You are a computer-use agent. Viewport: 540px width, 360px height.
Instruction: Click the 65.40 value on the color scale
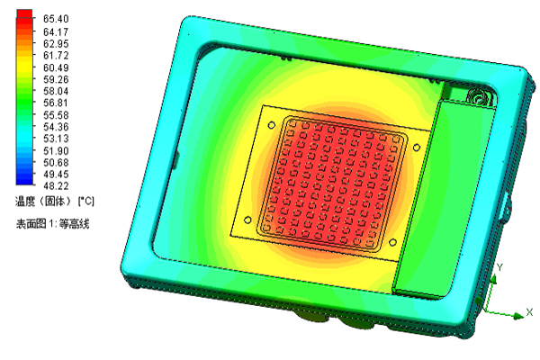pyautogui.click(x=56, y=19)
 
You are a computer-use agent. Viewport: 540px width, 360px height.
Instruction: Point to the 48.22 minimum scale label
pyautogui.click(x=56, y=186)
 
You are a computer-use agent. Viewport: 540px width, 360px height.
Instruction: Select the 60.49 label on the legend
pyautogui.click(x=56, y=67)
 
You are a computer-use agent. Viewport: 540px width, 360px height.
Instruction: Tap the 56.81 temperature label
pyautogui.click(x=56, y=103)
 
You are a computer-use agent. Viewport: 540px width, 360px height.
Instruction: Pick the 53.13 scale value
pyautogui.click(x=56, y=139)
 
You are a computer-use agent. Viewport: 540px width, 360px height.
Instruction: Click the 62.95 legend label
pyautogui.click(x=56, y=44)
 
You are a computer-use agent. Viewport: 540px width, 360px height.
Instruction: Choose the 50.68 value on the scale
pyautogui.click(x=56, y=162)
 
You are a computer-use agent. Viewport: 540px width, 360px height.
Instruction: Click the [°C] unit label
pyautogui.click(x=85, y=201)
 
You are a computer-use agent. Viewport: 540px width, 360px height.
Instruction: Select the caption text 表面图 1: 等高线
pyautogui.click(x=53, y=224)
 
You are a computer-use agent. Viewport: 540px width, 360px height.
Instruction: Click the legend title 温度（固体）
pyautogui.click(x=44, y=201)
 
